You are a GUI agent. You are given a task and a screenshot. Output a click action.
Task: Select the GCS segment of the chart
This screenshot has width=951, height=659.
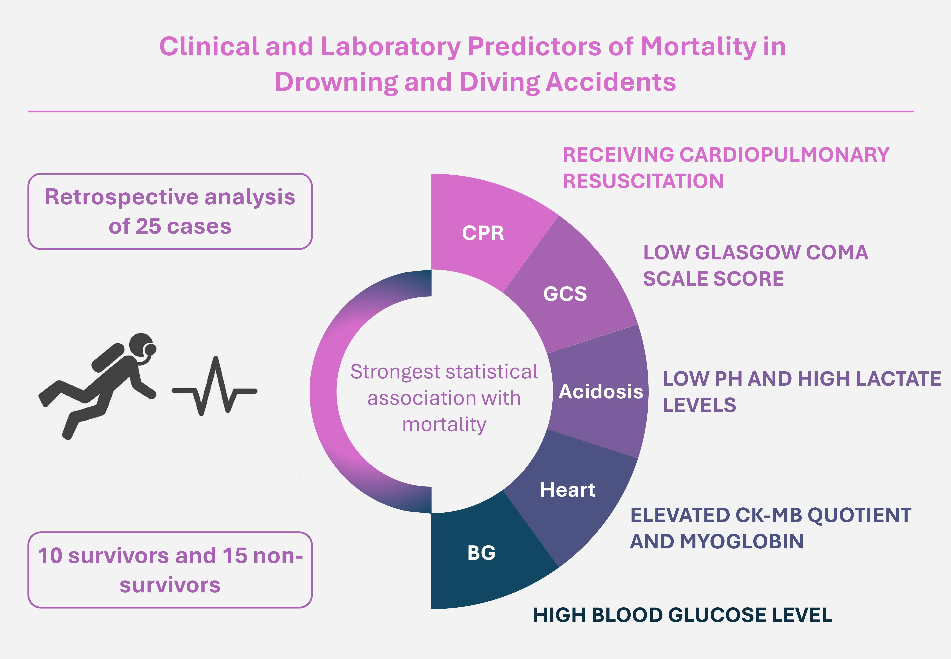click(x=565, y=294)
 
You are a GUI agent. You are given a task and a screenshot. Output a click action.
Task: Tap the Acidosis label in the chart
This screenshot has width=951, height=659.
click(x=600, y=391)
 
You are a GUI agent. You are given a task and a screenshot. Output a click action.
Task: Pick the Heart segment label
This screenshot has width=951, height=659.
click(x=568, y=490)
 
